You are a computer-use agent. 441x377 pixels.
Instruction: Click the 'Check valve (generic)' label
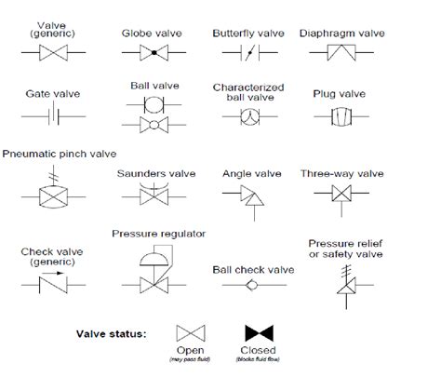[x=47, y=254]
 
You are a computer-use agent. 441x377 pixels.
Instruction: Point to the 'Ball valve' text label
[x=153, y=85]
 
